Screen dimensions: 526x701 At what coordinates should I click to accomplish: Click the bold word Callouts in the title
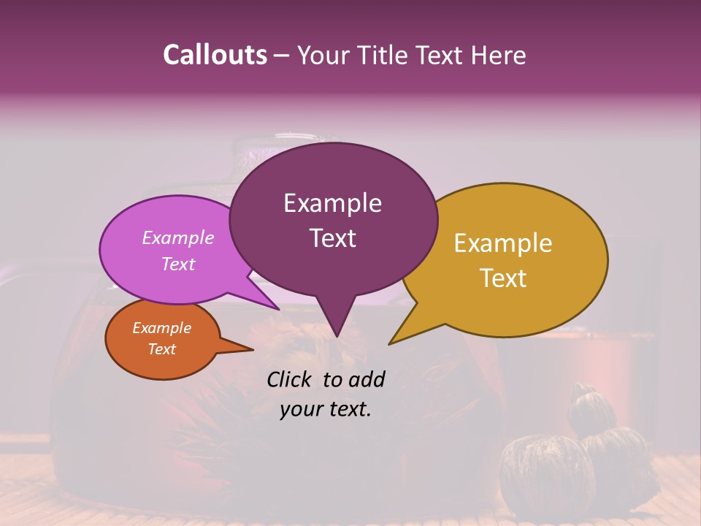click(x=215, y=55)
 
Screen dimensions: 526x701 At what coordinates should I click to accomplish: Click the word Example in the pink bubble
click(x=178, y=237)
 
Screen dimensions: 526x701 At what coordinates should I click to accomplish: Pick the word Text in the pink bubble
click(x=178, y=264)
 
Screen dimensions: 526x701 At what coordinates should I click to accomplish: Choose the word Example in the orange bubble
click(x=162, y=328)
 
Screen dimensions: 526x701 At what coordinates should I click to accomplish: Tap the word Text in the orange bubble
click(x=162, y=349)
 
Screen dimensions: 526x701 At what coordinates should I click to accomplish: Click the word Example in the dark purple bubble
click(x=332, y=203)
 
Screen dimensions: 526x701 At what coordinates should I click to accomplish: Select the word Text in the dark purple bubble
click(x=332, y=238)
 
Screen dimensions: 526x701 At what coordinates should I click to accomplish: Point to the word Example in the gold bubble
click(x=503, y=243)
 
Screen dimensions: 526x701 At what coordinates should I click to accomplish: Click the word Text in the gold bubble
click(x=503, y=278)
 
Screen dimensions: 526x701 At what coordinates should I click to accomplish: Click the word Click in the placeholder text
click(x=291, y=379)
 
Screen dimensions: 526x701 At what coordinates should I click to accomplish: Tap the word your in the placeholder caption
click(x=301, y=409)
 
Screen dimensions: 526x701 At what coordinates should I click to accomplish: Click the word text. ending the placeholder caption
click(x=350, y=409)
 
